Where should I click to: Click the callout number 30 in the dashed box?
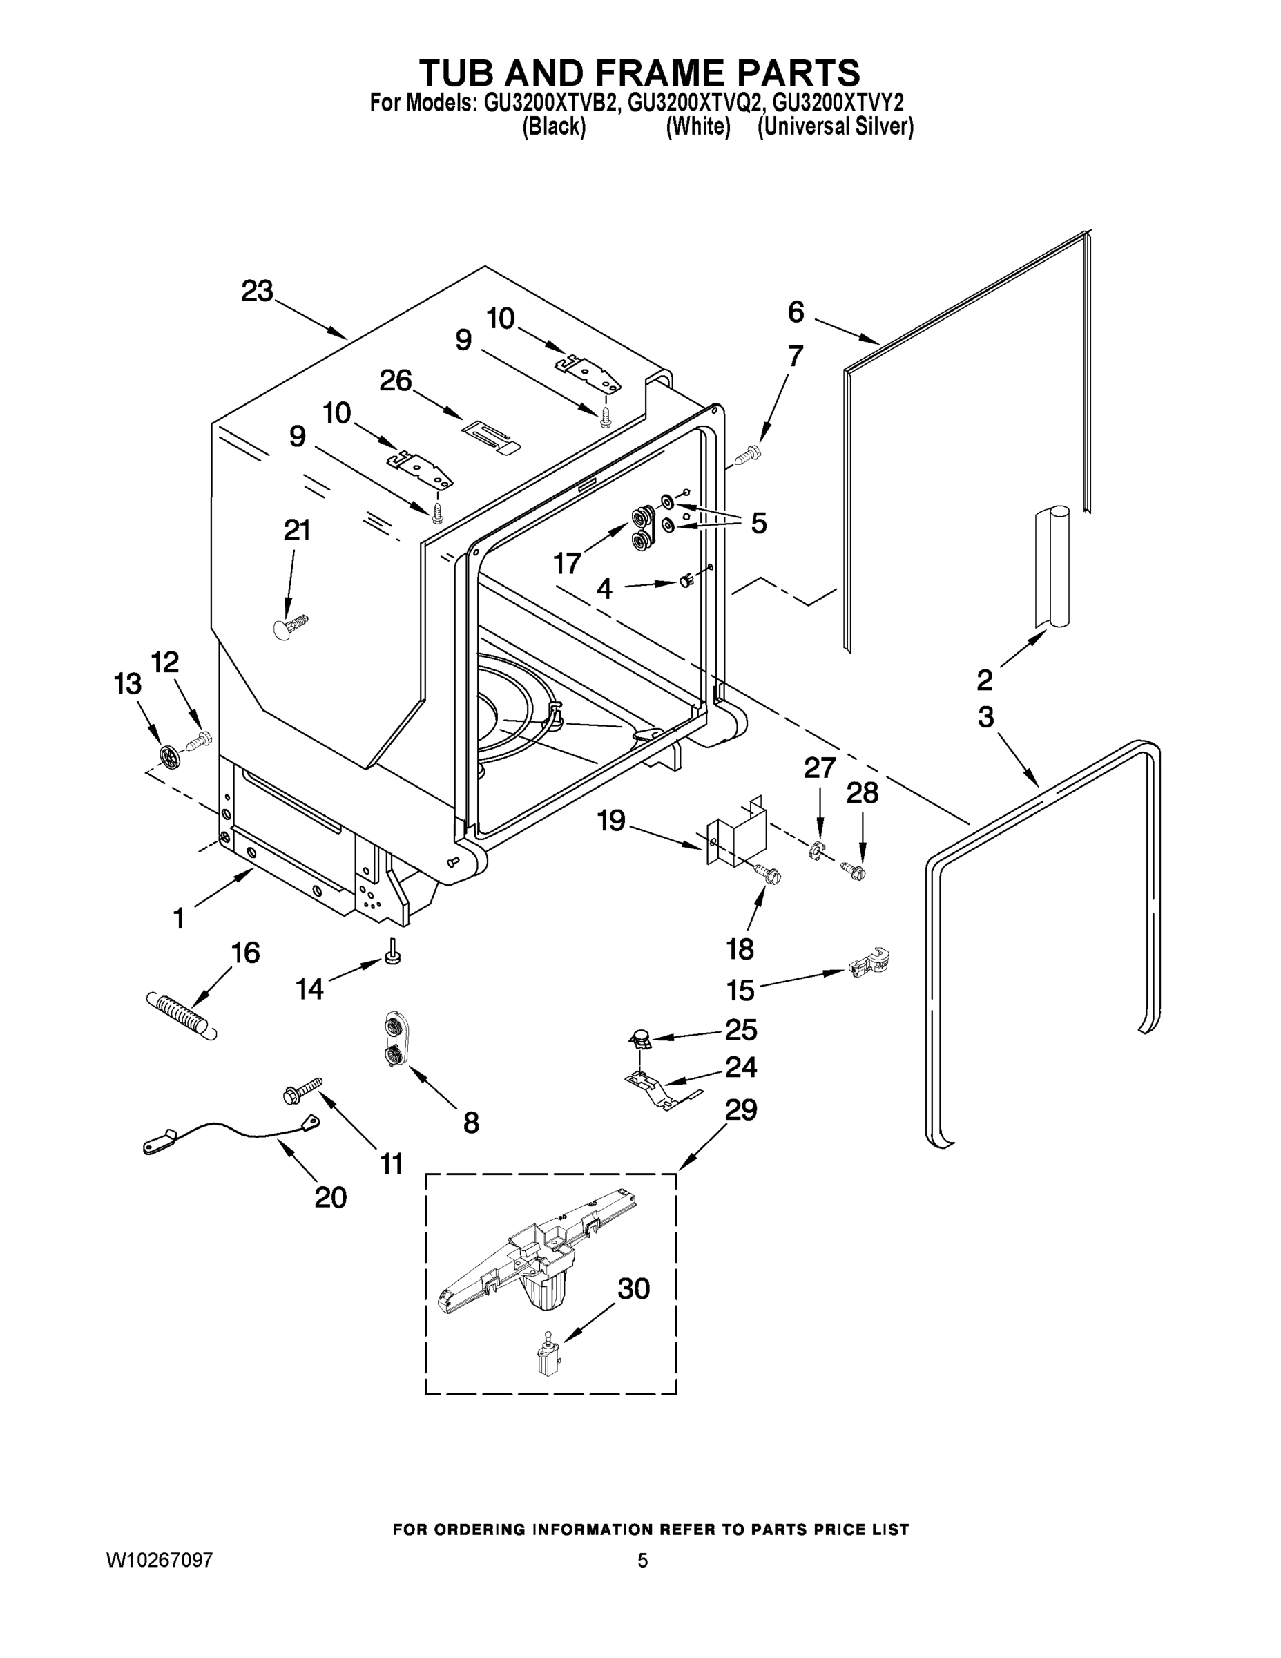(x=633, y=1288)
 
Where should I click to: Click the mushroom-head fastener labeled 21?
(x=289, y=625)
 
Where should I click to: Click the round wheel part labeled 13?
(x=169, y=755)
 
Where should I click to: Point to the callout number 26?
(x=396, y=381)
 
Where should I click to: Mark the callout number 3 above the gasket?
(x=985, y=716)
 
